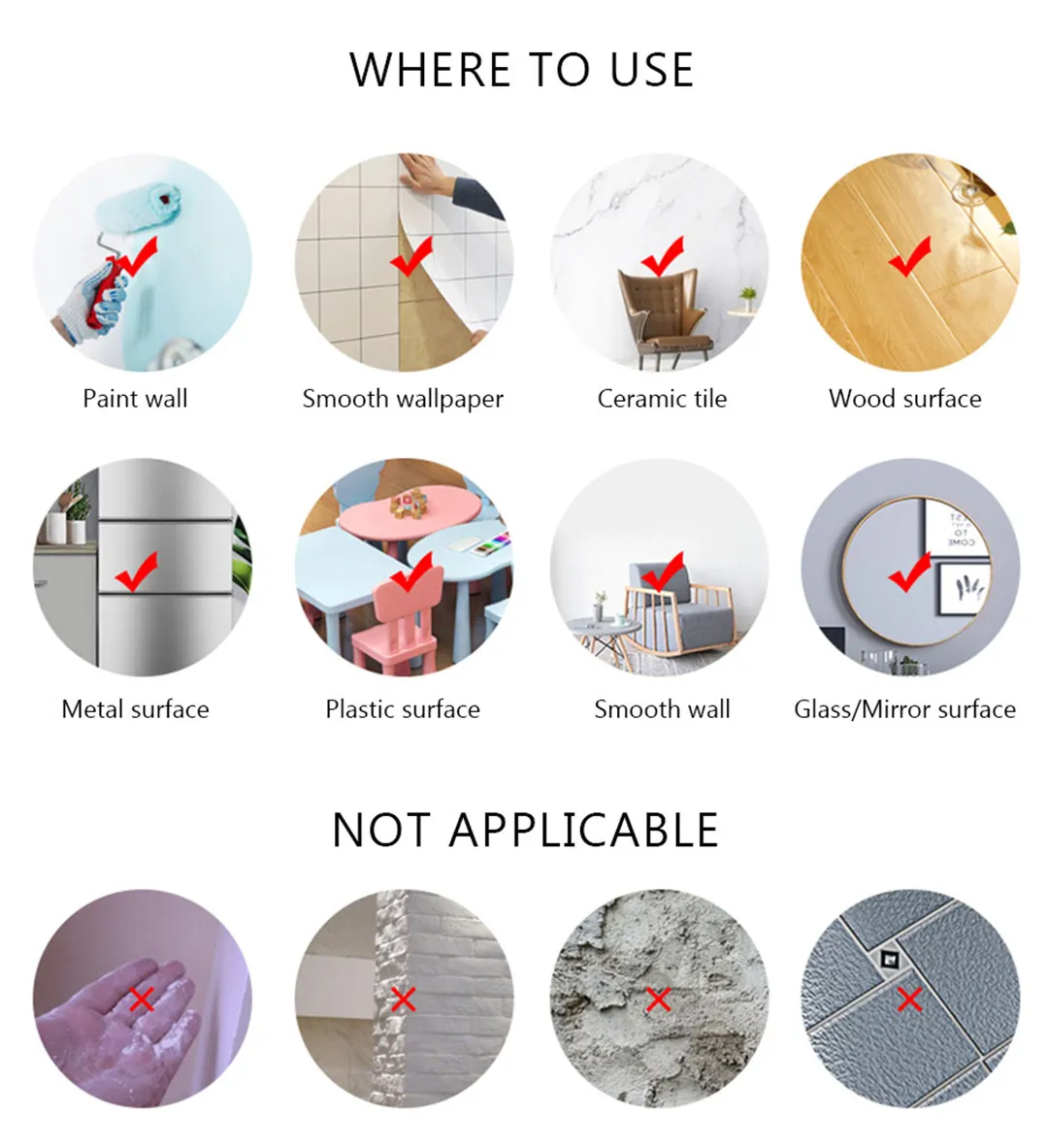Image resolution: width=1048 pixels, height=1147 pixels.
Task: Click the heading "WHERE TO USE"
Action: (521, 70)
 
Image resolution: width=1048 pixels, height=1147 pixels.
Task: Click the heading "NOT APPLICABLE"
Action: (525, 830)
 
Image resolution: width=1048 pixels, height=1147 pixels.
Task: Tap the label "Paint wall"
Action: (135, 399)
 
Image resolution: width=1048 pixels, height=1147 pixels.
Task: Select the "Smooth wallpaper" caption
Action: (403, 400)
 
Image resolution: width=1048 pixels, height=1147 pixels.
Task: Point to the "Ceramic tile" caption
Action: (662, 399)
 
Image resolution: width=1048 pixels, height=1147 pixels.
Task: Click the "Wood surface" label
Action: (904, 399)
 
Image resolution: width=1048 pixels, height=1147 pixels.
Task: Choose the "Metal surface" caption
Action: (135, 708)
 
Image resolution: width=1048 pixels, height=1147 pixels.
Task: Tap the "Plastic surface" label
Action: (403, 708)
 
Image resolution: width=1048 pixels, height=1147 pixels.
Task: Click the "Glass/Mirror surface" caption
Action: (904, 709)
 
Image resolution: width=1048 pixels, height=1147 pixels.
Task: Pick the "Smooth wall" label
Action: (662, 708)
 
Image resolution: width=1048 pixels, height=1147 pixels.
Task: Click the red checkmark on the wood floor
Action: (909, 257)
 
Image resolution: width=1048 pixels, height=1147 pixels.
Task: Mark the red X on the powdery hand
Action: (142, 999)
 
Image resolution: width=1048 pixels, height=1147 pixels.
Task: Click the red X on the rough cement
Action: (658, 999)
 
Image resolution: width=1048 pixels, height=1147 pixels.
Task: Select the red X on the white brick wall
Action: (403, 999)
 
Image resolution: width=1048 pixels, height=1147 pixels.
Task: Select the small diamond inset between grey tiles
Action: (889, 959)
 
